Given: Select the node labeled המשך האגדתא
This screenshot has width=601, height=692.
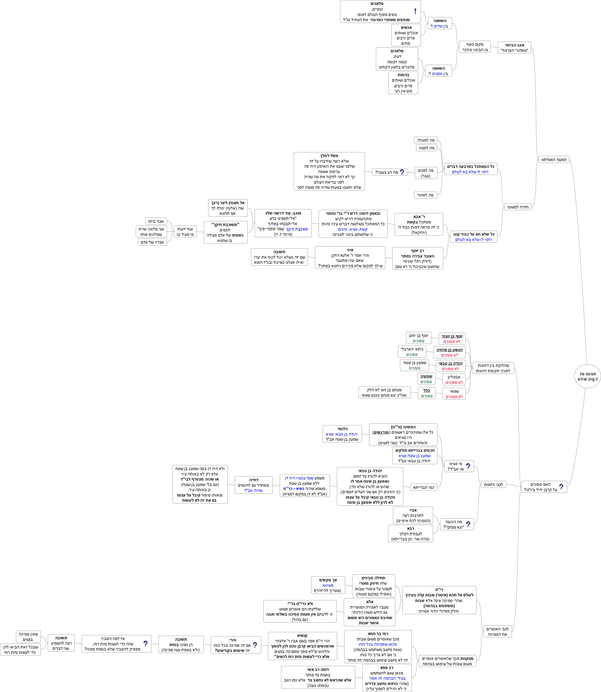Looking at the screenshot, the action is [x=554, y=160].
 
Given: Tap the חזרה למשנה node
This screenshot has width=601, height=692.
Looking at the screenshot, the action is [x=518, y=207].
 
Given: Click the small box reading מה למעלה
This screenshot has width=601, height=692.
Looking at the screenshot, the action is [x=426, y=140].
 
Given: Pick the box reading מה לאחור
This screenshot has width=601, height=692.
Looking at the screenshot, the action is [x=425, y=195].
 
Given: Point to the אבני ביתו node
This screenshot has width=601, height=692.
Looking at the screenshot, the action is [x=156, y=221].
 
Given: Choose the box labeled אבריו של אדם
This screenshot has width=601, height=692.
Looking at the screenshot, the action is [x=152, y=242].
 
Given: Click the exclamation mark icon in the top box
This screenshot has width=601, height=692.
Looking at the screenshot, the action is [x=415, y=11].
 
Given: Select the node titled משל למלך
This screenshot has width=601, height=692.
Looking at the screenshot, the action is [x=329, y=171].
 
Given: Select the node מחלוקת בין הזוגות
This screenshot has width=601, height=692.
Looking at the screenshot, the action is [x=493, y=368].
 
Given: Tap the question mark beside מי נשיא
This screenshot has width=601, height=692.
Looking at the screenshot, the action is [x=468, y=466].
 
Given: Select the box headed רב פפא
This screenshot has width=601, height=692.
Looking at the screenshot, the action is [x=387, y=678].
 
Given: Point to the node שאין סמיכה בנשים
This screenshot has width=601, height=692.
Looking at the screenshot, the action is [x=28, y=637].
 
